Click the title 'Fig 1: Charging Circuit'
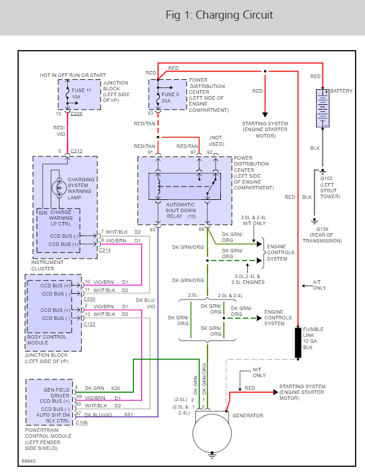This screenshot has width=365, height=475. click(219, 15)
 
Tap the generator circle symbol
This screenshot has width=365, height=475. click(209, 432)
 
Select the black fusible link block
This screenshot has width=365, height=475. click(298, 342)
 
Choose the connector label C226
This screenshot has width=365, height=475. click(76, 114)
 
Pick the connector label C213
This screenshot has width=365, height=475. click(76, 152)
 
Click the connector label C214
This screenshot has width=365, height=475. click(105, 249)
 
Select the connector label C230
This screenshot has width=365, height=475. click(90, 300)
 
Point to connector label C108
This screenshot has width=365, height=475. click(82, 423)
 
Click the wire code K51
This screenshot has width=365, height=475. click(128, 414)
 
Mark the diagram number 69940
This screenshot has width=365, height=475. click(30, 460)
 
